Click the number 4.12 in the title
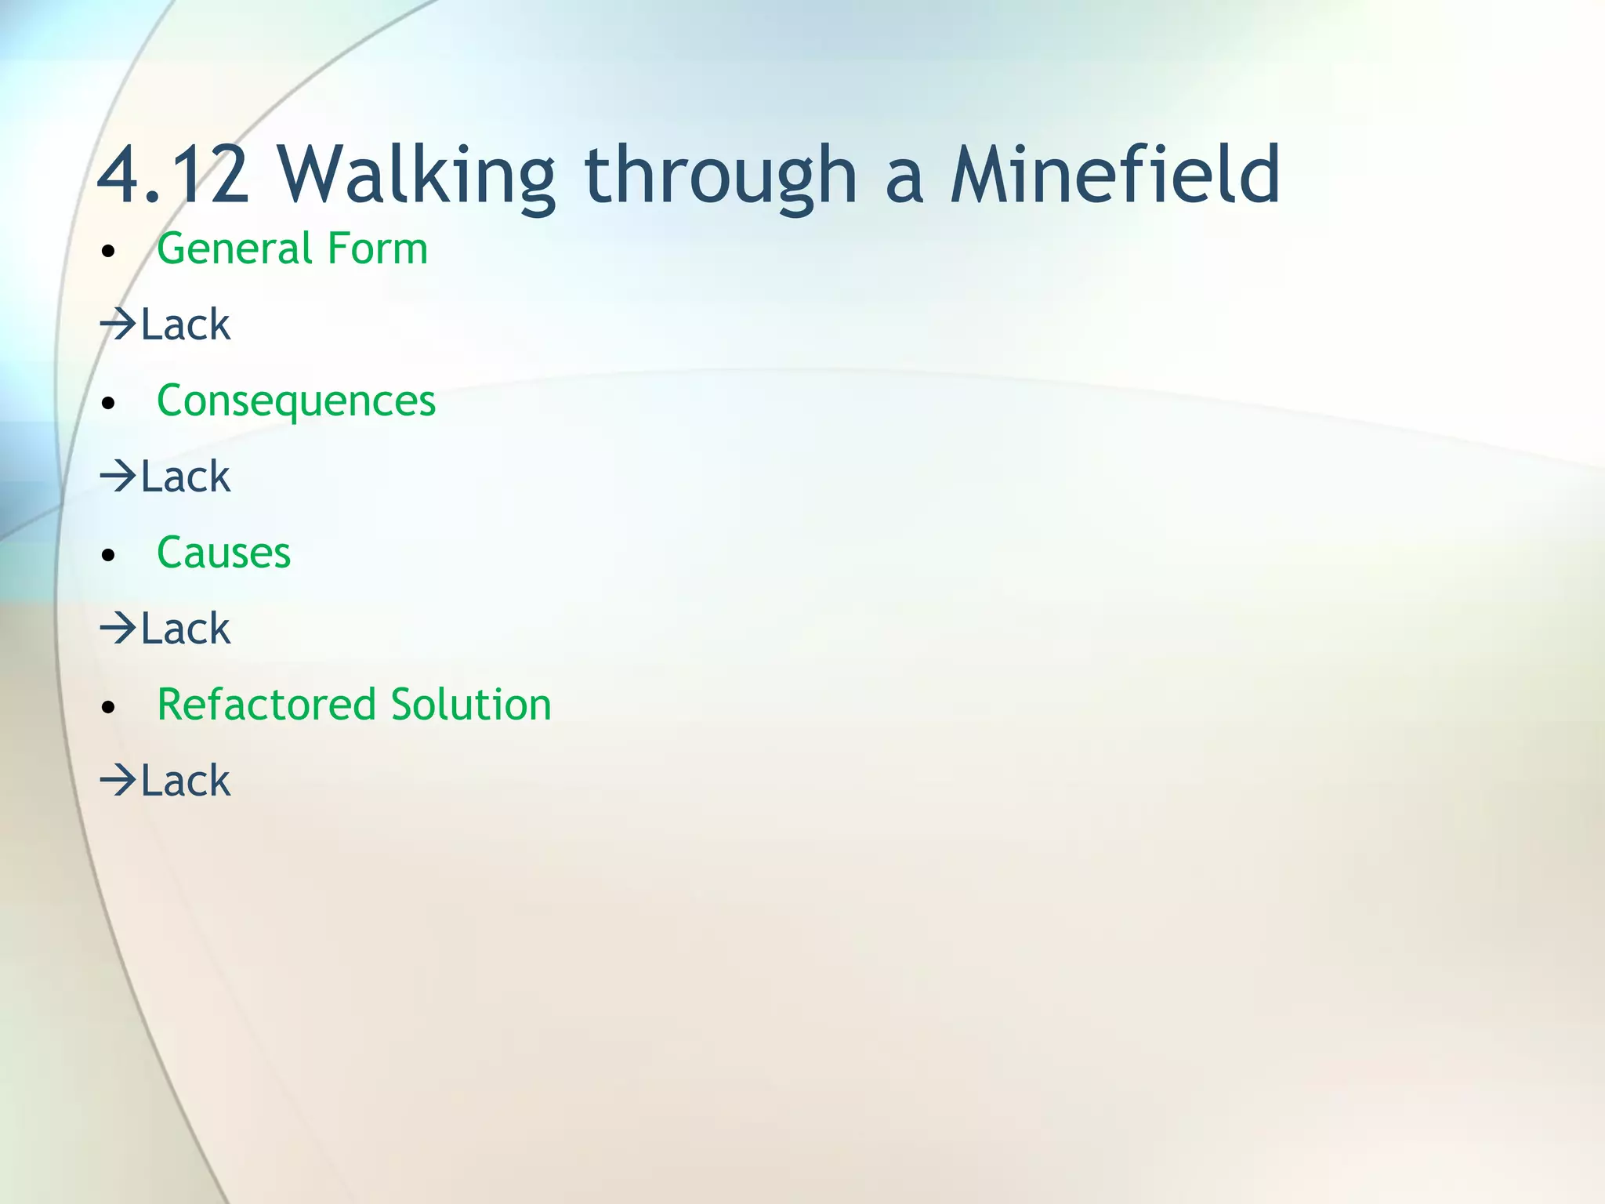click(173, 176)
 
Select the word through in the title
click(720, 176)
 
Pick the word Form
click(378, 249)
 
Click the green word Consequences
click(296, 401)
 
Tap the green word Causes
click(224, 553)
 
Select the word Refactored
click(266, 705)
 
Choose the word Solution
click(471, 705)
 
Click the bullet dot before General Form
click(109, 252)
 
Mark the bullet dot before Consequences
click(109, 404)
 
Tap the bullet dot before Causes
click(109, 556)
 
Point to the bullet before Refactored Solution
click(109, 707)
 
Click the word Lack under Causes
click(186, 629)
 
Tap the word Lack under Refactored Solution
click(186, 781)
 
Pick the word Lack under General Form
click(186, 325)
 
